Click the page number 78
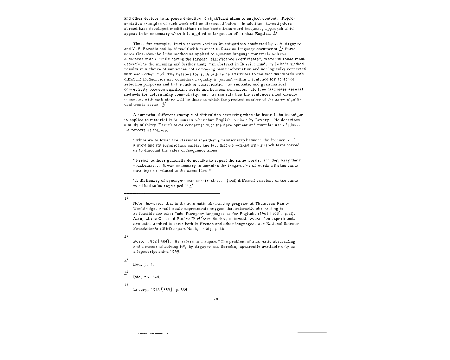[216, 299]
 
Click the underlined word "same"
[280, 99]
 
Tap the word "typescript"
[148, 252]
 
